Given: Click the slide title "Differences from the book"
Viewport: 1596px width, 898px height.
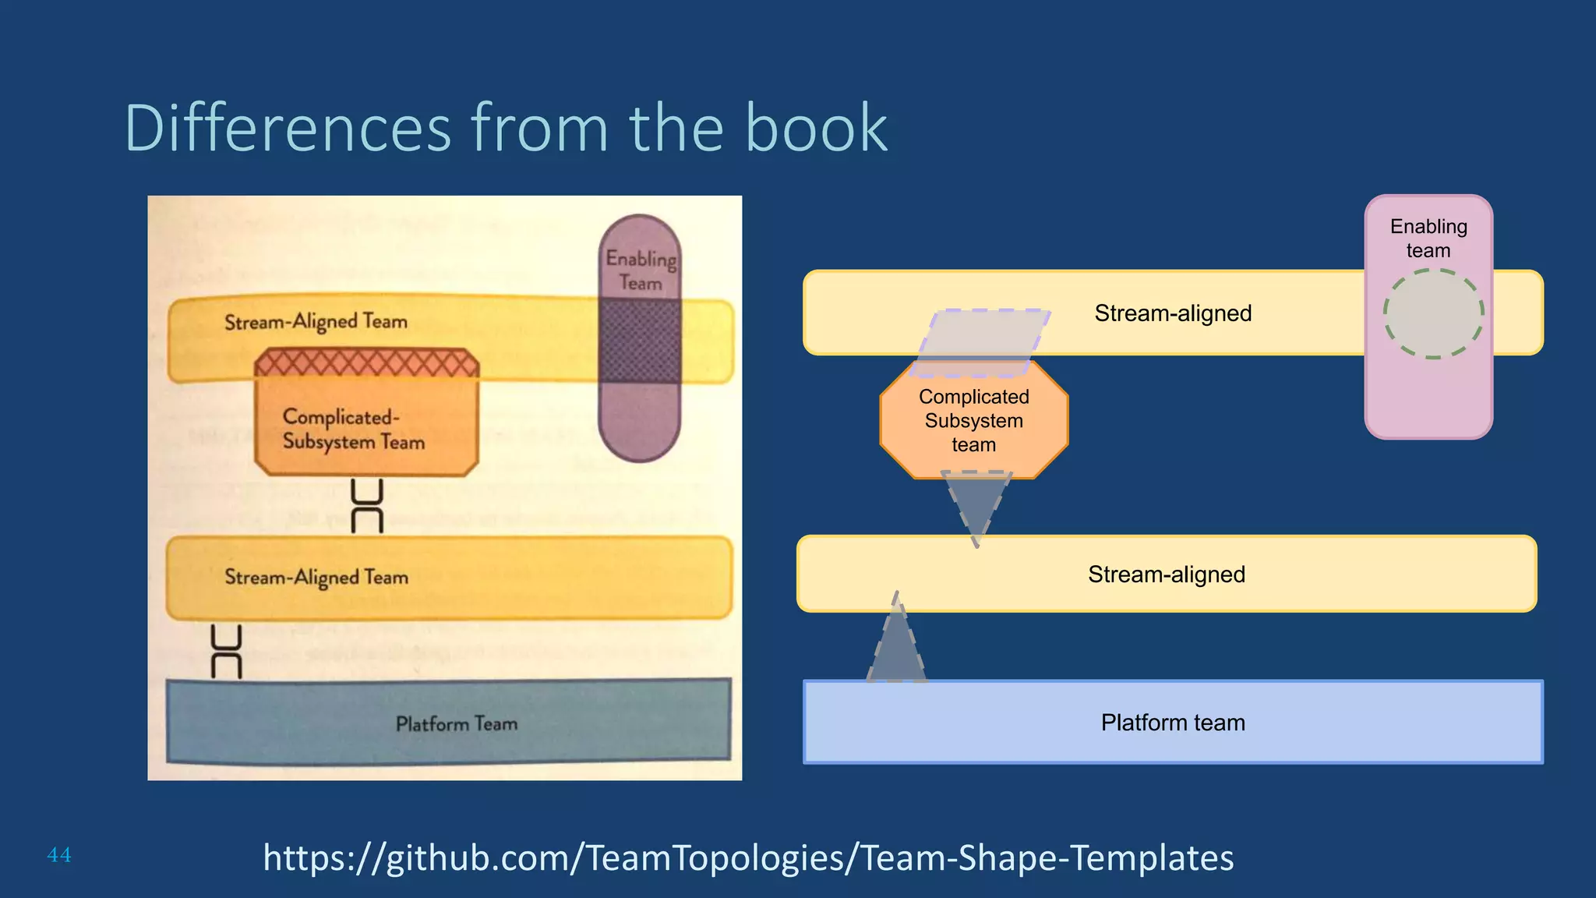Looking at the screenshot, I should coord(506,128).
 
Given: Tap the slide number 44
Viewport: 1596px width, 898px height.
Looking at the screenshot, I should coord(59,855).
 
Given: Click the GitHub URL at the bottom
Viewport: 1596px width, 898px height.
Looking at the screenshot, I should coord(748,857).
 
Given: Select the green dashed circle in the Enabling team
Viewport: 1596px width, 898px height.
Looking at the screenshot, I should coord(1433,313).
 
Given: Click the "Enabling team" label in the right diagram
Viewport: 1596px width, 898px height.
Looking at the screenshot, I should coord(1428,239).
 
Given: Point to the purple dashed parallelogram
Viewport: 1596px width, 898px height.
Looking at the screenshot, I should coord(980,343).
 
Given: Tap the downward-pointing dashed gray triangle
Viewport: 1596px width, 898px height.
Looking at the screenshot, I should coord(976,503).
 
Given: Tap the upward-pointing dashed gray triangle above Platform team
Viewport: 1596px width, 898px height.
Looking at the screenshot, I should coord(896,643).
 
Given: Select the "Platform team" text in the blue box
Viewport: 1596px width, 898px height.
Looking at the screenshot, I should coord(1173,723).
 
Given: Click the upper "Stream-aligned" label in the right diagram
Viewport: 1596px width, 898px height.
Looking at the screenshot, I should coord(1173,313).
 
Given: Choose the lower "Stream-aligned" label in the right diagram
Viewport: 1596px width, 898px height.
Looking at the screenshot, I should coord(1167,575).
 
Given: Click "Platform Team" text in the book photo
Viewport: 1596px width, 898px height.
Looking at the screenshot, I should coord(457,724).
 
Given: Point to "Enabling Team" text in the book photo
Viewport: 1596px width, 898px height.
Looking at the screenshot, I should coord(641,270).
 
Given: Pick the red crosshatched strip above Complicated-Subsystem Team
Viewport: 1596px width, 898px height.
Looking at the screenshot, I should coord(366,363).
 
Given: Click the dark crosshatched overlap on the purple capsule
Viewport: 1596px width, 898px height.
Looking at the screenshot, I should coord(640,341).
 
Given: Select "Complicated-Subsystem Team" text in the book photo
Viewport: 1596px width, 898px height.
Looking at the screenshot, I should coord(353,429).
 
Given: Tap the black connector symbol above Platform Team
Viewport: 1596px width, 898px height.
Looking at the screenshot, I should coord(227,652).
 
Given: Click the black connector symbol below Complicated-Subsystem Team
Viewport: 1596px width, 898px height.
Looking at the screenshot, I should coord(367,506).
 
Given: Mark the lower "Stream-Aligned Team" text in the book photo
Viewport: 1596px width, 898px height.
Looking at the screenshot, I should coord(316,578).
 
